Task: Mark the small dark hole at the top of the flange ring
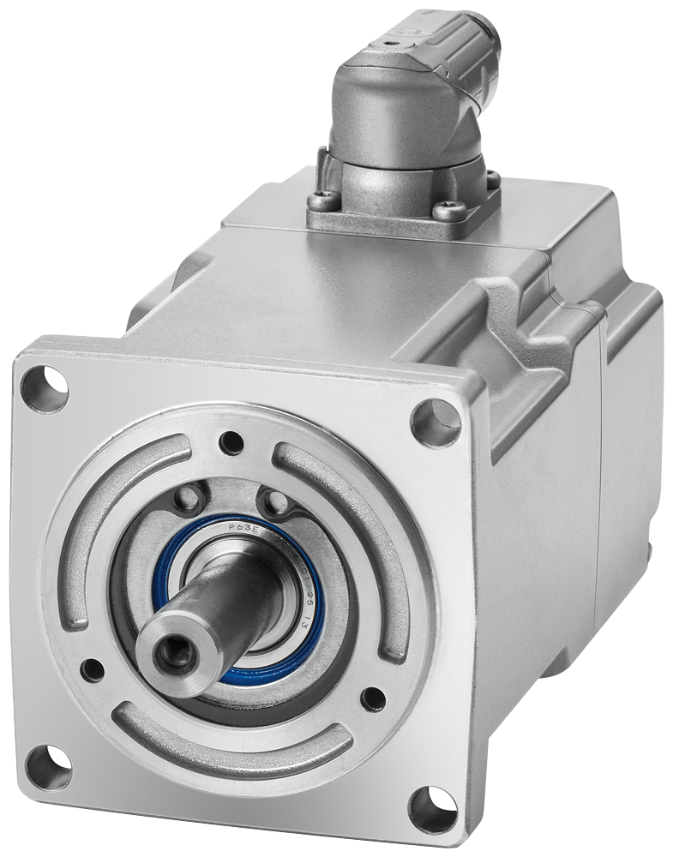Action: click(x=229, y=443)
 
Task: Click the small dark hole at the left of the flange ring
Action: click(x=91, y=668)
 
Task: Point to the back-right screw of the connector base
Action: click(x=493, y=178)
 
